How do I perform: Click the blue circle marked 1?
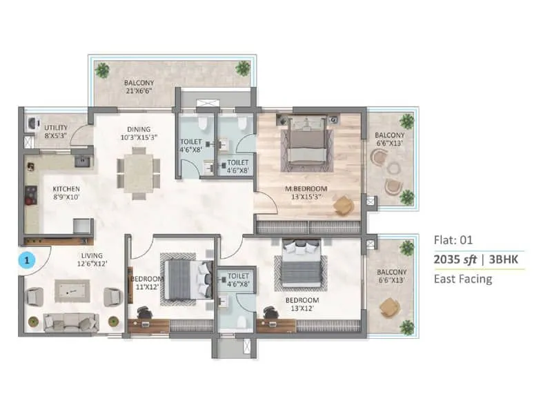26,261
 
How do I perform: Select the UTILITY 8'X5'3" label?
57,132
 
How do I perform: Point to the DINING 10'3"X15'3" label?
138,132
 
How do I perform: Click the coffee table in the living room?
72,292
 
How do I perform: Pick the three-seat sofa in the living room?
70,321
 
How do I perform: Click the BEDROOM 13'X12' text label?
303,304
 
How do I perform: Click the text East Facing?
462,279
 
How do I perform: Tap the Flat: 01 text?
452,241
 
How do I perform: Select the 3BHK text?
506,260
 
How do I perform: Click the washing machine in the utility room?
31,123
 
